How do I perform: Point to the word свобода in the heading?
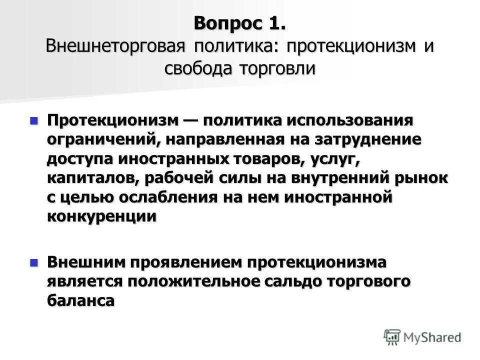(x=197, y=68)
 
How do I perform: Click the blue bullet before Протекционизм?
(x=34, y=120)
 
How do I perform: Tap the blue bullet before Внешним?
(x=34, y=262)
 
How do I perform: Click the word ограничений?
(x=102, y=139)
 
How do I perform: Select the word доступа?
(x=80, y=158)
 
